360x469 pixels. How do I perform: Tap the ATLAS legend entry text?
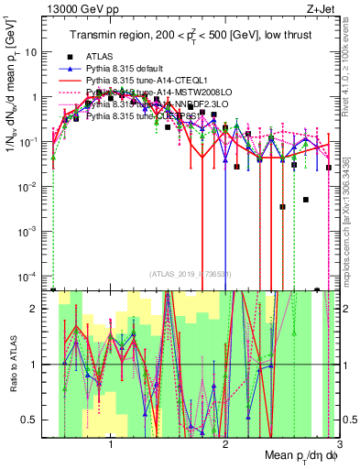102,57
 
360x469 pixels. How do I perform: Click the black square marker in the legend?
70,57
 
